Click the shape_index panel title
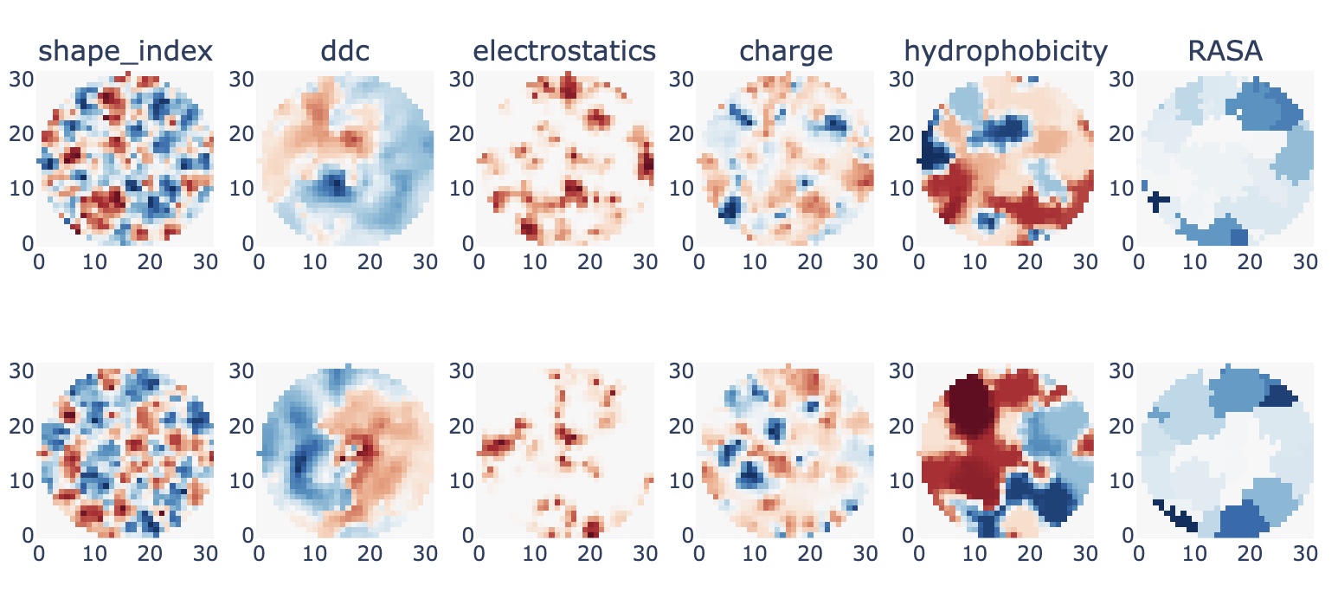pos(125,51)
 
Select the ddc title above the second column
pos(344,51)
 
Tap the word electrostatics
pos(564,51)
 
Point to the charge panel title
pos(786,52)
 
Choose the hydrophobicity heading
pos(1006,52)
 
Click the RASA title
pos(1225,51)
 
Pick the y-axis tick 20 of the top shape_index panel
pos(22,134)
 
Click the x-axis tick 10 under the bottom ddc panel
pos(314,554)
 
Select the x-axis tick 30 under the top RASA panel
pos(1304,261)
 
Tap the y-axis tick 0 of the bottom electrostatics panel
pos(468,535)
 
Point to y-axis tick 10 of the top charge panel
pos(681,189)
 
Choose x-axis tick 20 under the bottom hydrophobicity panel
pos(1030,554)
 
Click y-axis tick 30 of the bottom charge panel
pos(681,371)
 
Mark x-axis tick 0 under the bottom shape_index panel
pos(39,554)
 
